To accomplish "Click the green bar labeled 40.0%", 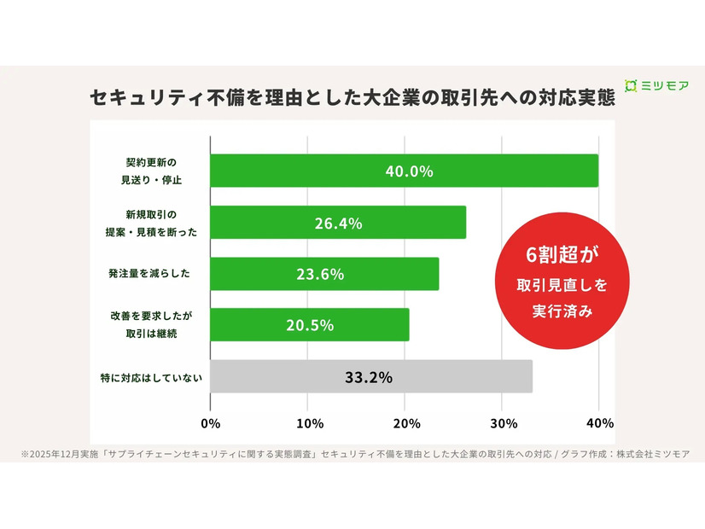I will pyautogui.click(x=404, y=171).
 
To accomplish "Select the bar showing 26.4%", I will pyautogui.click(x=338, y=223).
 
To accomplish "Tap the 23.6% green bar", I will pyautogui.click(x=324, y=274).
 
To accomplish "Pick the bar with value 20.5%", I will pyautogui.click(x=309, y=325).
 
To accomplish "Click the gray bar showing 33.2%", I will pyautogui.click(x=370, y=376).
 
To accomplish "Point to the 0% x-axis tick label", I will pyautogui.click(x=210, y=423).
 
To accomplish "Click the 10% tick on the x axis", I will pyautogui.click(x=309, y=423).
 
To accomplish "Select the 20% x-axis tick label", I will pyautogui.click(x=406, y=423).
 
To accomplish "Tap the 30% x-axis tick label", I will pyautogui.click(x=504, y=423).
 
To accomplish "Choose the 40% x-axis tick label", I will pyautogui.click(x=600, y=423).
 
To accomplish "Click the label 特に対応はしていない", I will pyautogui.click(x=151, y=376).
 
